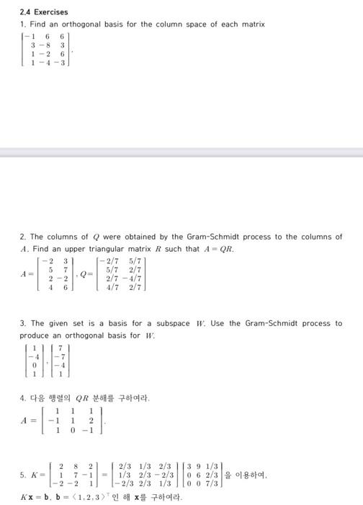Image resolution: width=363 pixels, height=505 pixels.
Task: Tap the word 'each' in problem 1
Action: coord(228,24)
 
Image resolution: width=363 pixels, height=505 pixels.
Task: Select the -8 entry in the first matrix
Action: coord(47,44)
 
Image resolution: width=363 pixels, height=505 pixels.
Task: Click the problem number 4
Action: coord(22,397)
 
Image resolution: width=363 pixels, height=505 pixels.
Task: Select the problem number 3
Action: coord(22,323)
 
